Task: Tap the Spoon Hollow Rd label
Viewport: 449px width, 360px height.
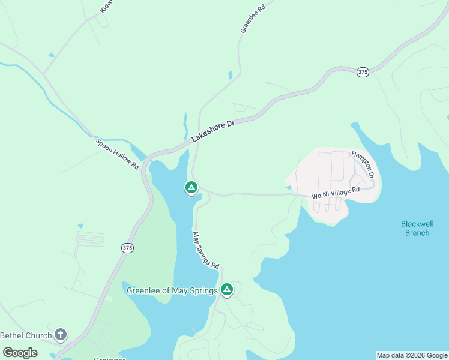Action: click(x=118, y=154)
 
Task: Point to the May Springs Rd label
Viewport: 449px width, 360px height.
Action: click(x=206, y=249)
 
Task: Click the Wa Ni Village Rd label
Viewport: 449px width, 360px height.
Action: click(x=335, y=193)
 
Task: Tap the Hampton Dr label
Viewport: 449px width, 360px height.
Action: click(x=363, y=164)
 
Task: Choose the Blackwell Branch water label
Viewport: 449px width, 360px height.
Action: click(x=417, y=228)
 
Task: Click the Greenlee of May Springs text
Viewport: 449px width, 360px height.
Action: click(x=172, y=291)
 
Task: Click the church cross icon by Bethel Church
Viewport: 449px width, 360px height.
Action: click(x=61, y=334)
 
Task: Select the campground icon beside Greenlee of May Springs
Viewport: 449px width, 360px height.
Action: click(x=227, y=290)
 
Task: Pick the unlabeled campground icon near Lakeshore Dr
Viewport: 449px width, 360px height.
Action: click(x=191, y=188)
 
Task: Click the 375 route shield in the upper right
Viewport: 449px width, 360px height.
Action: click(x=362, y=72)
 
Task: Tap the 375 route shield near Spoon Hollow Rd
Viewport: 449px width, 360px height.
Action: click(x=127, y=248)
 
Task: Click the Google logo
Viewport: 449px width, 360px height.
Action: click(x=20, y=353)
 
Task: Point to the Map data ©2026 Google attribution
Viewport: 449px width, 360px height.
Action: click(x=412, y=355)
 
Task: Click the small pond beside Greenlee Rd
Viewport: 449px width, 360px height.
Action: click(x=230, y=76)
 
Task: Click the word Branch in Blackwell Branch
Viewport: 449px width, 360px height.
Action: click(x=417, y=233)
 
